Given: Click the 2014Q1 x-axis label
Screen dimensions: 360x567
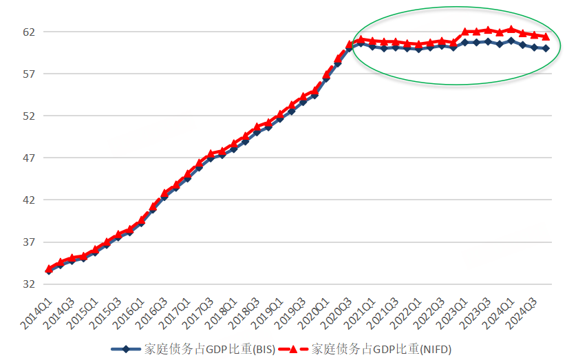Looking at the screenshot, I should tap(39, 308).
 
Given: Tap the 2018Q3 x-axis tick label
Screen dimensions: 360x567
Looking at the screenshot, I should tap(246, 308).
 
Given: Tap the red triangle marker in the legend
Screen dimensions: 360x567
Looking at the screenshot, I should tap(295, 349).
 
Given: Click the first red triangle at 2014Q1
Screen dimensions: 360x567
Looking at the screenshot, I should tap(49, 268).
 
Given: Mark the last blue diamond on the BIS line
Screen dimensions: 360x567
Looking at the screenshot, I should tap(546, 48).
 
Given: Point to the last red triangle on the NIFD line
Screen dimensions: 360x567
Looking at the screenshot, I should tap(546, 36).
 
